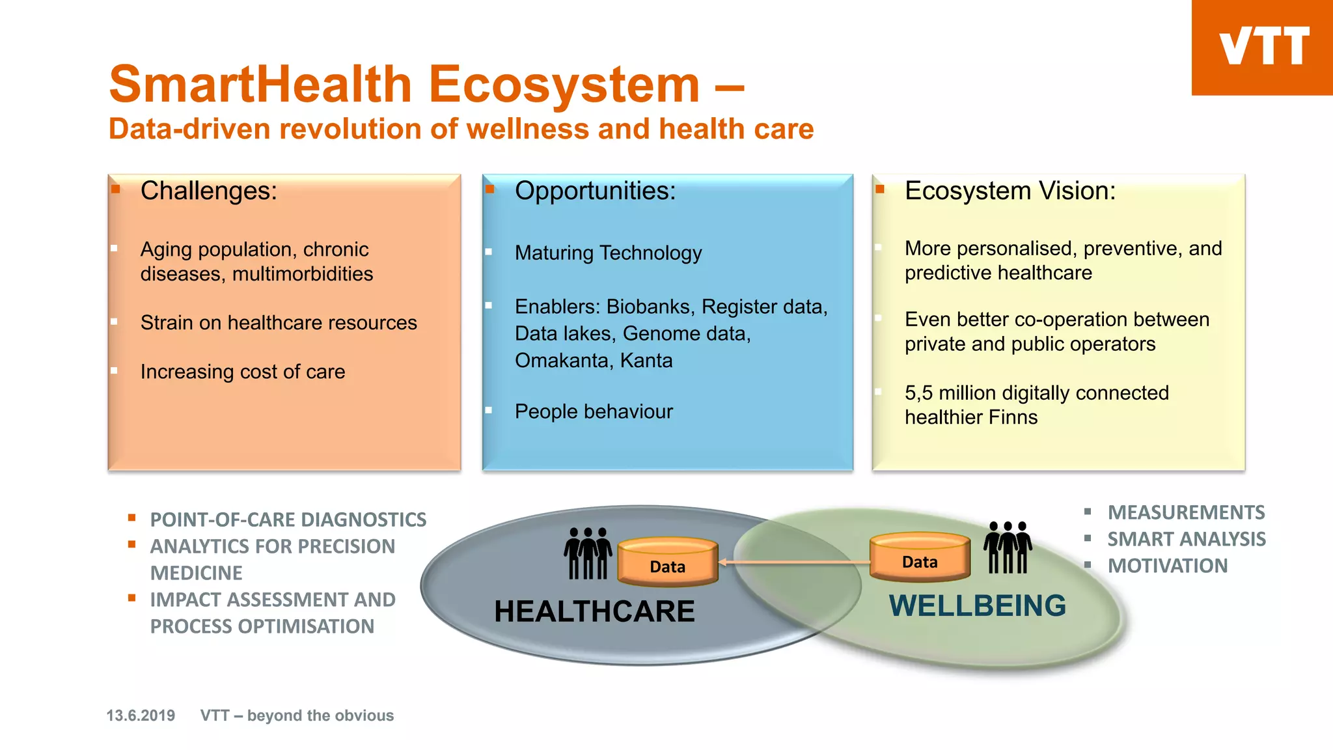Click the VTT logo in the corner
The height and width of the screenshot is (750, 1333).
point(1263,47)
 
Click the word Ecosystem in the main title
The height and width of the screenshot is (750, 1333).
point(564,85)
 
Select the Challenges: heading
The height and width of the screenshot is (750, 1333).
point(209,191)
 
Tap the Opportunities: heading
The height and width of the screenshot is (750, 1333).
point(595,191)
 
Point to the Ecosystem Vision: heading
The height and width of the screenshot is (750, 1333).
point(1010,191)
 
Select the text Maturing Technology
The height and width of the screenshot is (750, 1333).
point(608,253)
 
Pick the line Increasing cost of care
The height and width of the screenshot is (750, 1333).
point(243,372)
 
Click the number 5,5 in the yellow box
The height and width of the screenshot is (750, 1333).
point(918,393)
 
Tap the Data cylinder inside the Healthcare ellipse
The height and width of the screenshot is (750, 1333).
point(667,562)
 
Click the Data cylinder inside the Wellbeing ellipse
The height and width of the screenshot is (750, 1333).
point(920,557)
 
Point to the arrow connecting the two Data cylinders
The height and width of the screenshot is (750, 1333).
point(794,562)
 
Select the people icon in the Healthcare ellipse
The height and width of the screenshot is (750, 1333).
point(588,553)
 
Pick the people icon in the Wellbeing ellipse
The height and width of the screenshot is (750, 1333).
point(1008,548)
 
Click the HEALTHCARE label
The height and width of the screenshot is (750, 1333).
point(594,611)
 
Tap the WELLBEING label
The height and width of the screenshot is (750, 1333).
point(977,606)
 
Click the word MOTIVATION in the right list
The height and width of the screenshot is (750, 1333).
point(1168,566)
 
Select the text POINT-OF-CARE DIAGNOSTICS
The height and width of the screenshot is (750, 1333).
point(288,520)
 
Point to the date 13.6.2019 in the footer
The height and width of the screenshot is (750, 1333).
point(141,715)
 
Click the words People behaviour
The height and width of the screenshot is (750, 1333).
point(594,411)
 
